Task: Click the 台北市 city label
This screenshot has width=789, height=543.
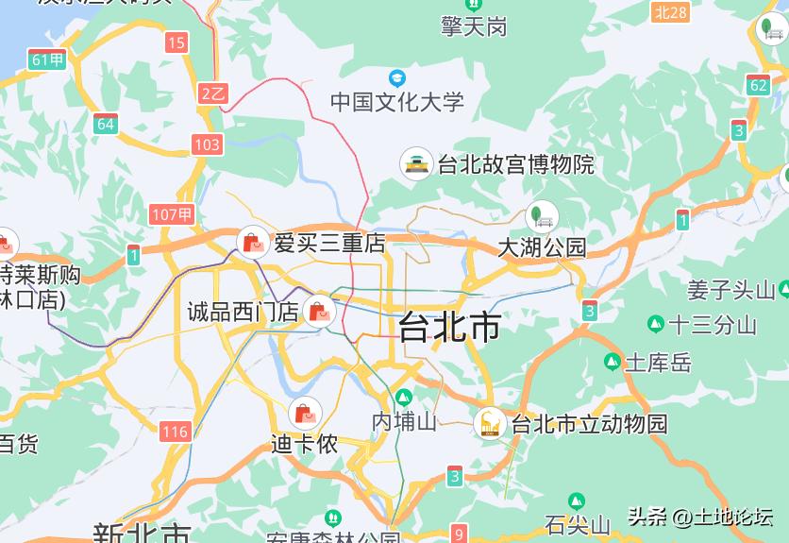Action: [x=449, y=327]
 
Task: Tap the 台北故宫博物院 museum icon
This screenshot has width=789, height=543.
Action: [x=416, y=164]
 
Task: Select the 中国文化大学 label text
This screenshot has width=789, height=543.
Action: [x=397, y=102]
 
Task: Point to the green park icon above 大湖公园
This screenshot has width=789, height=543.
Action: [x=542, y=216]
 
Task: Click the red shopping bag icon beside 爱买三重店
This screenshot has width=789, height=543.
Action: [x=253, y=243]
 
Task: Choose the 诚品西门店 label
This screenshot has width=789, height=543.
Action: [x=243, y=311]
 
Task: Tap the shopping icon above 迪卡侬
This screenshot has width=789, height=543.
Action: [x=304, y=413]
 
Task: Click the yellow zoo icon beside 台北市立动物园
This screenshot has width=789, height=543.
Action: [x=490, y=424]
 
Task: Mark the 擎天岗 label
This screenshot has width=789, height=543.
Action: [x=474, y=26]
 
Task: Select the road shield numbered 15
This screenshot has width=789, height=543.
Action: [x=176, y=42]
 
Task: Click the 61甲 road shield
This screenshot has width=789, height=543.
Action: [x=48, y=59]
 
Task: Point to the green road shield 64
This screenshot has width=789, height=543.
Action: [x=105, y=124]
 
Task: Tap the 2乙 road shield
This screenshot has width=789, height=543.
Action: [x=213, y=93]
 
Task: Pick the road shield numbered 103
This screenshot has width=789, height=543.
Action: [x=207, y=144]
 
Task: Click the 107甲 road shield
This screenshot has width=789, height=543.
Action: [x=172, y=214]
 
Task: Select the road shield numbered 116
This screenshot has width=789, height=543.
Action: [x=176, y=433]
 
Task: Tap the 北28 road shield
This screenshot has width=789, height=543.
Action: [x=671, y=11]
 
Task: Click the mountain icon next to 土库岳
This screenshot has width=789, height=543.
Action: [x=613, y=362]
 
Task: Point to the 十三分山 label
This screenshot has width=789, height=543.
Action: [x=713, y=325]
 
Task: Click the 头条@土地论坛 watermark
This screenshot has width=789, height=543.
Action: [x=700, y=517]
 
